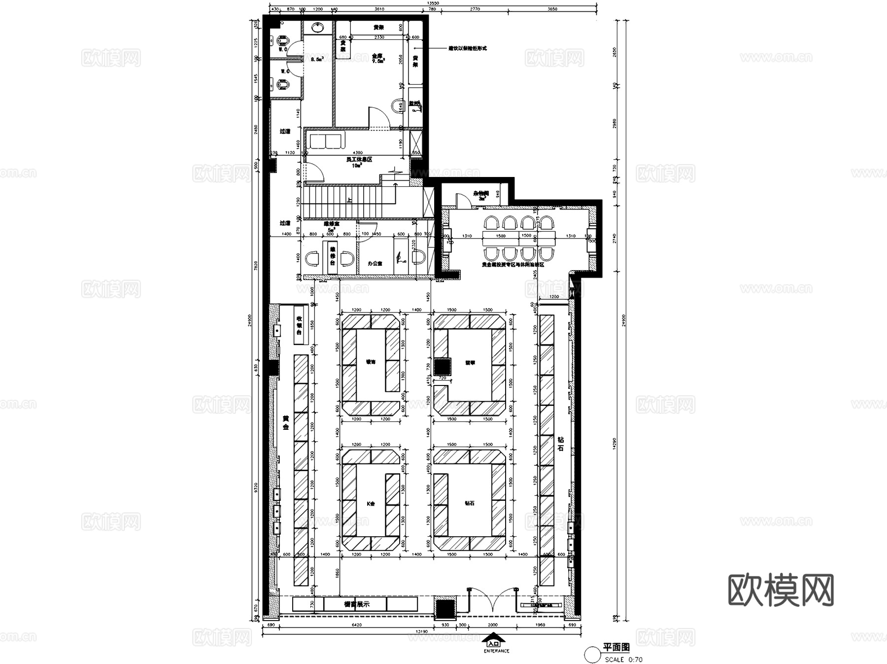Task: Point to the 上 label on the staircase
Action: (x=349, y=200)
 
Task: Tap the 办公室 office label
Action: (x=375, y=264)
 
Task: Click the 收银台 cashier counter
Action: (x=299, y=325)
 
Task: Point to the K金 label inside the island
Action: (x=371, y=504)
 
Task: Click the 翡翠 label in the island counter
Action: (x=470, y=362)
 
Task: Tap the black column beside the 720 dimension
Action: (x=442, y=366)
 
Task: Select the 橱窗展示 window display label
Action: (x=356, y=604)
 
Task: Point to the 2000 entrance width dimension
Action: (x=492, y=625)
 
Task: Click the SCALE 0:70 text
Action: (x=623, y=659)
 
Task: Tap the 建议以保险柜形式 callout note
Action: (x=467, y=48)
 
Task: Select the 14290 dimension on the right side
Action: (x=614, y=444)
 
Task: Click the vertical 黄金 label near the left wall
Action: (x=286, y=422)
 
